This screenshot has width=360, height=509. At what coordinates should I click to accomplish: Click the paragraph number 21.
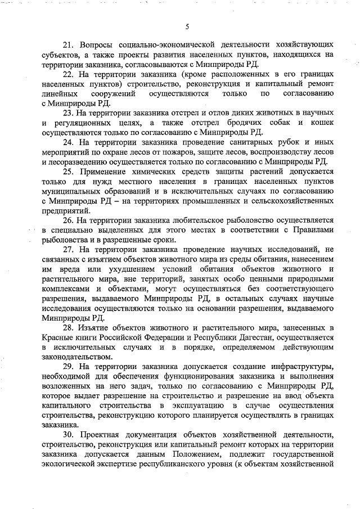68,44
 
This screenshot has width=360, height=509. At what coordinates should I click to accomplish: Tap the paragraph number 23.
68,112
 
